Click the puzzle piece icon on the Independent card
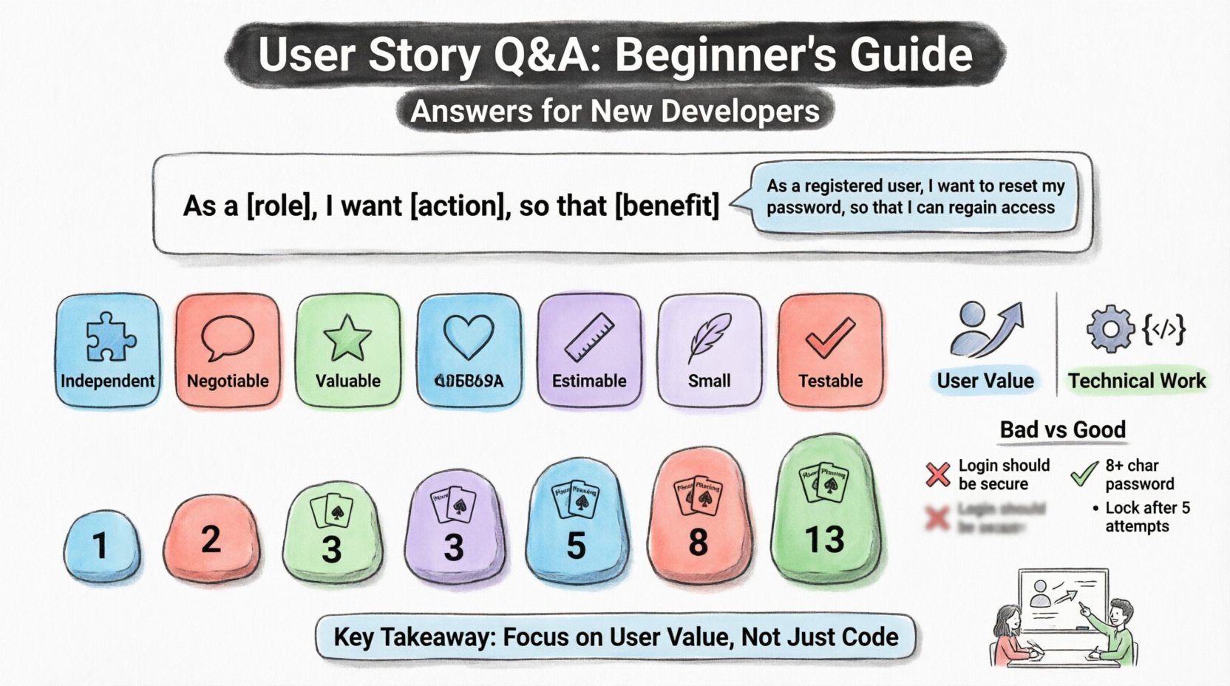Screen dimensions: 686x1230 click(x=110, y=336)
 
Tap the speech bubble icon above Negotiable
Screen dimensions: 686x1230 click(x=227, y=336)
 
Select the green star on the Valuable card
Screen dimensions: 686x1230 click(x=347, y=337)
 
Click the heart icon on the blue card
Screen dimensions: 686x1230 click(x=469, y=336)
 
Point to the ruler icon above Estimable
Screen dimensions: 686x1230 click(x=589, y=337)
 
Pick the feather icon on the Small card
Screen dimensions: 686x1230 click(x=709, y=336)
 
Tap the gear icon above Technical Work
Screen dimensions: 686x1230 click(x=1110, y=328)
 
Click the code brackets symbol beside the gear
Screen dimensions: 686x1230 click(x=1163, y=329)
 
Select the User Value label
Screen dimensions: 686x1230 click(x=985, y=381)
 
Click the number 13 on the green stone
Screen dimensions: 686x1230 click(x=824, y=540)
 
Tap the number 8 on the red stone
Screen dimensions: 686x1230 click(x=698, y=543)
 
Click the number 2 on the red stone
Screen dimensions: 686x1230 click(x=211, y=540)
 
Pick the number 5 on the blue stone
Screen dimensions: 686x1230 click(x=576, y=546)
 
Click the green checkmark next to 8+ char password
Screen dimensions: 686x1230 click(x=1084, y=474)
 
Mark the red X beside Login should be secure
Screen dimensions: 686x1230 click(x=938, y=474)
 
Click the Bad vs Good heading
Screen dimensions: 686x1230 click(x=1062, y=429)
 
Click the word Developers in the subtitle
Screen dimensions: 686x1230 click(x=739, y=112)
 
